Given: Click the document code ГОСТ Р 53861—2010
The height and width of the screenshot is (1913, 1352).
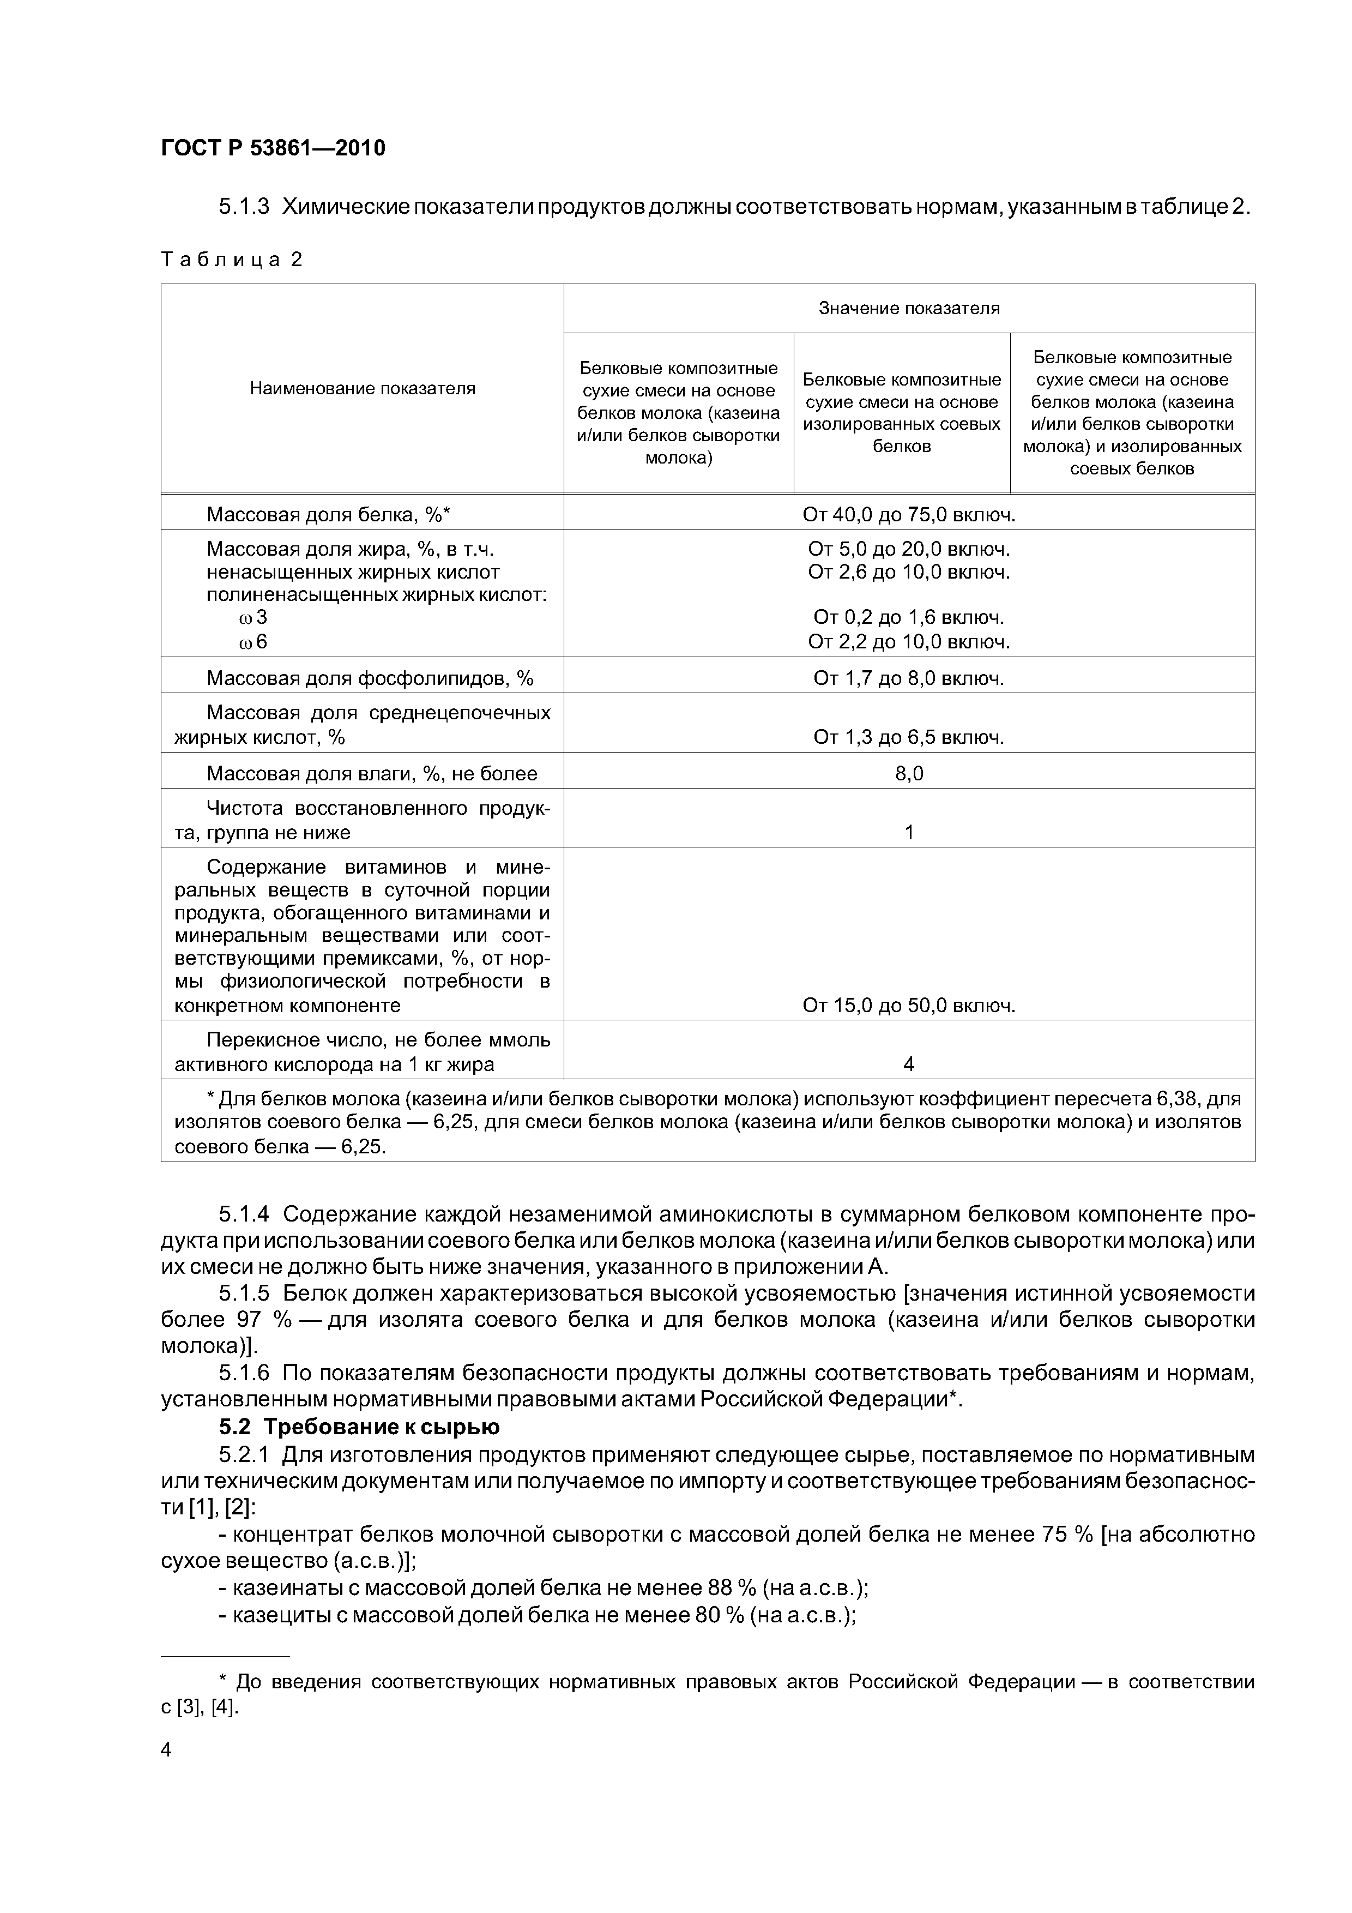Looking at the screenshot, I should pyautogui.click(x=273, y=148).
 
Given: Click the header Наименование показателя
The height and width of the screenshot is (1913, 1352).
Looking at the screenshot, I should pyautogui.click(x=363, y=388).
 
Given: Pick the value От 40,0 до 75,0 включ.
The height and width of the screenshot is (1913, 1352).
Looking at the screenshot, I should pyautogui.click(x=908, y=515).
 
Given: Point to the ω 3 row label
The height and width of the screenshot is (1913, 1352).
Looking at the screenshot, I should pyautogui.click(x=252, y=617).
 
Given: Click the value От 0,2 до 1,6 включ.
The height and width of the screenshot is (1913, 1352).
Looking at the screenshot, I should pyautogui.click(x=908, y=617).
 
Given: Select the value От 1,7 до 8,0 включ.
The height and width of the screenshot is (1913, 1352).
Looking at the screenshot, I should pyautogui.click(x=908, y=678).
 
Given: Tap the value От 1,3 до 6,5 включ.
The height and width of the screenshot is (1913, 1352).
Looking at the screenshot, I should pyautogui.click(x=908, y=737).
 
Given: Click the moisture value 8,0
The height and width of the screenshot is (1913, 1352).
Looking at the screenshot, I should pyautogui.click(x=909, y=774).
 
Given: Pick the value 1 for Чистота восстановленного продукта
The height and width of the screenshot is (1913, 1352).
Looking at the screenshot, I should pyautogui.click(x=909, y=832).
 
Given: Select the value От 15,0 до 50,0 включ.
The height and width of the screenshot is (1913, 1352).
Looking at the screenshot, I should pyautogui.click(x=908, y=1006).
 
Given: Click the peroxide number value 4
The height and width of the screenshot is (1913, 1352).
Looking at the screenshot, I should pyautogui.click(x=909, y=1064).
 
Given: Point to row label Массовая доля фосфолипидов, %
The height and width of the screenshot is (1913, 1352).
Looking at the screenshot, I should pyautogui.click(x=370, y=678).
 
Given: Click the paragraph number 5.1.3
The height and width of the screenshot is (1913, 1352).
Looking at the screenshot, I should pyautogui.click(x=244, y=207).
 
